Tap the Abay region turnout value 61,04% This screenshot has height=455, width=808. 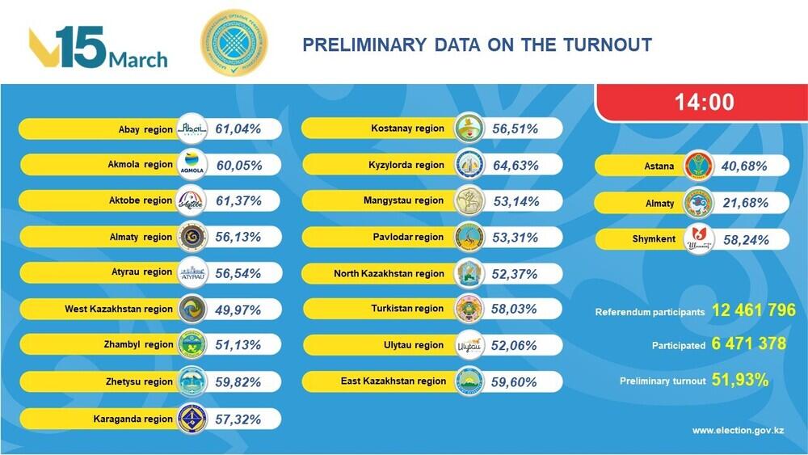[239, 129]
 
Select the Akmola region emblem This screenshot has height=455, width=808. [192, 164]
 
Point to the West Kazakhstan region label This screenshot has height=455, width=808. [119, 309]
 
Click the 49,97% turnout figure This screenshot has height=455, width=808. [239, 309]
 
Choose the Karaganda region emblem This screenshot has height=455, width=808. [192, 419]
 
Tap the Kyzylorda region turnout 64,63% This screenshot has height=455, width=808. [515, 165]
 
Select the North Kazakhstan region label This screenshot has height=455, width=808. [389, 273]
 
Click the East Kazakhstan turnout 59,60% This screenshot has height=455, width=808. [515, 381]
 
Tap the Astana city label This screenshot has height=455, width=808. [654, 166]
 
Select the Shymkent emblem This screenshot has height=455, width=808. [699, 238]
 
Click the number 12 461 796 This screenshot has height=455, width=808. [754, 310]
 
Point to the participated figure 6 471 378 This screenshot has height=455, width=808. [749, 344]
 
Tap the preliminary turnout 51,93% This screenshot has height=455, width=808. [740, 380]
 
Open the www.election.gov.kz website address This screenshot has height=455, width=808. [739, 430]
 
